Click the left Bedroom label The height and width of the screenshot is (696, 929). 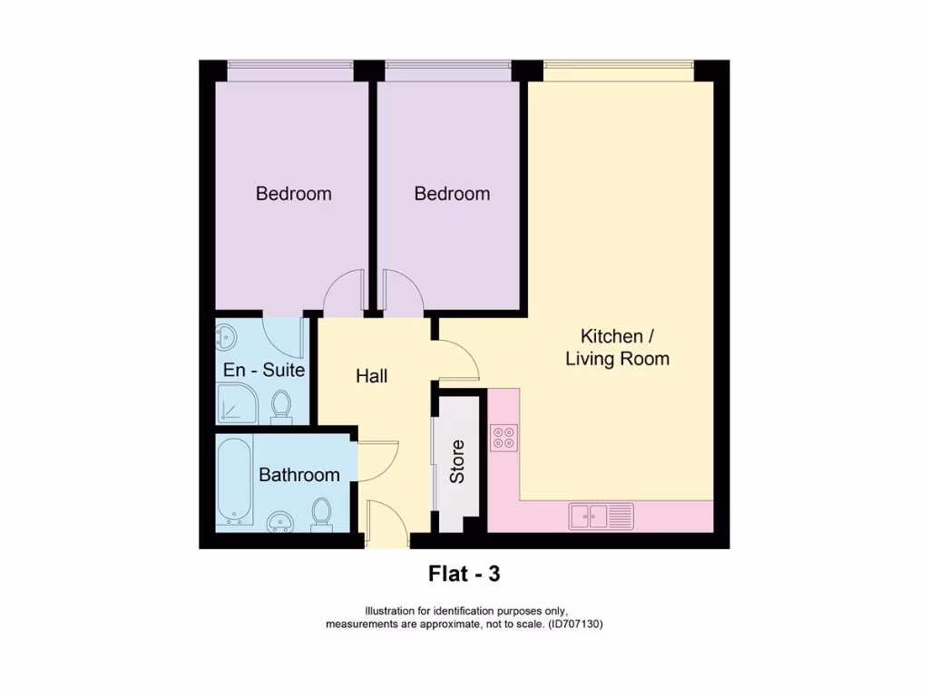pos(293,194)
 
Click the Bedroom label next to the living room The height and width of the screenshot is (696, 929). pos(452,194)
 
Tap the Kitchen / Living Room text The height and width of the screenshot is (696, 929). pos(617,347)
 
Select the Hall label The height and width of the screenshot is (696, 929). pos(372,376)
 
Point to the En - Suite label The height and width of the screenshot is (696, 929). pos(264,371)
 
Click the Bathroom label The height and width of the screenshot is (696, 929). pos(299,475)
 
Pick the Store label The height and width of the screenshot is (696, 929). pos(457,461)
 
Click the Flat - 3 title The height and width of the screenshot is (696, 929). pos(464,574)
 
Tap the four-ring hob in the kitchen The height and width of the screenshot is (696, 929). pos(504,439)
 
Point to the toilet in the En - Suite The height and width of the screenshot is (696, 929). pos(281,407)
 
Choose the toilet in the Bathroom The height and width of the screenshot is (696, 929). pos(322,513)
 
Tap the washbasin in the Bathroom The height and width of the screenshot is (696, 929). pos(280,521)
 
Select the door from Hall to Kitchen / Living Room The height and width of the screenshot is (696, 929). pos(457,360)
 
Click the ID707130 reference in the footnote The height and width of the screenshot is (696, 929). pos(575,624)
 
